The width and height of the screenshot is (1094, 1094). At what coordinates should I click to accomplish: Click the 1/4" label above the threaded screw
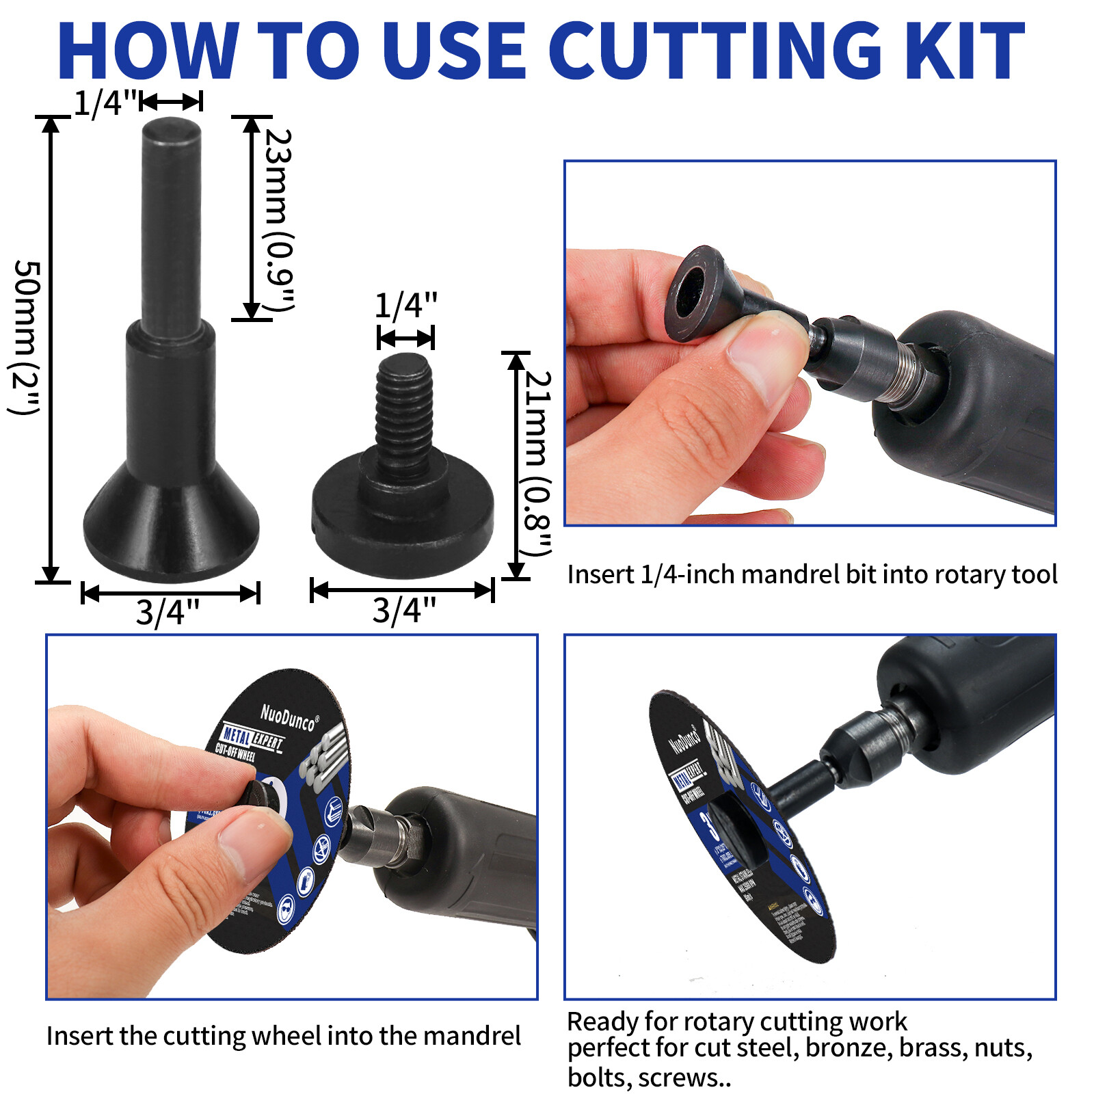pyautogui.click(x=405, y=306)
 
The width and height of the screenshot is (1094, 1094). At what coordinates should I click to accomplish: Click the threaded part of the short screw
pyautogui.click(x=404, y=410)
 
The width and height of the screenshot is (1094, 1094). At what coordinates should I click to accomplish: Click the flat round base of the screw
pyautogui.click(x=403, y=520)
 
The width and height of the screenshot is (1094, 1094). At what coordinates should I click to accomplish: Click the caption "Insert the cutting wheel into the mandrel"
pyautogui.click(x=283, y=1036)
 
